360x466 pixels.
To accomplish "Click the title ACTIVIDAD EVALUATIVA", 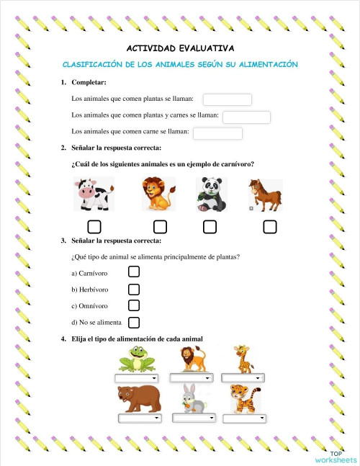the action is [x=180, y=48].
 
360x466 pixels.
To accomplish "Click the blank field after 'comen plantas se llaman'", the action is [x=228, y=99].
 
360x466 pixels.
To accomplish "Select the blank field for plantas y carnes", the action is [x=246, y=117].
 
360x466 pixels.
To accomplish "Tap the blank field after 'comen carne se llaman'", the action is [x=217, y=133].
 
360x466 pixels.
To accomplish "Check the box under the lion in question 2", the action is [x=160, y=227].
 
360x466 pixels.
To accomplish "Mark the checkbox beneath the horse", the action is [x=270, y=227].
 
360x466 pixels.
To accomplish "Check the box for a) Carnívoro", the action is [x=133, y=272].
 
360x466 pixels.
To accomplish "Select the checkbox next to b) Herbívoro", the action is [x=133, y=289].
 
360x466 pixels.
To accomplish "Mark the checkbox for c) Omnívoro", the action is [x=133, y=305].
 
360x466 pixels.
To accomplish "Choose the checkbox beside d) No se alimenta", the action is [x=133, y=322].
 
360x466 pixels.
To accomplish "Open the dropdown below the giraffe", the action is [x=240, y=377].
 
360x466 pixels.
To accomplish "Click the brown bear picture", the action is [x=138, y=398].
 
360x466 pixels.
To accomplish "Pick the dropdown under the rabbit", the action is [x=194, y=418].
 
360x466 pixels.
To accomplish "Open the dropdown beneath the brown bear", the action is [x=139, y=418].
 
